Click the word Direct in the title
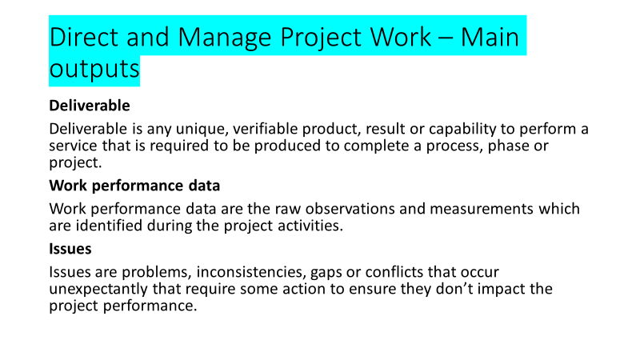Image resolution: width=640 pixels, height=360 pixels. [84, 37]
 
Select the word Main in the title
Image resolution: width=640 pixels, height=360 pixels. [490, 37]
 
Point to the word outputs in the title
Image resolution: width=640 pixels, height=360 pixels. [94, 69]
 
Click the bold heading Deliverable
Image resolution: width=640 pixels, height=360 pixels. [90, 106]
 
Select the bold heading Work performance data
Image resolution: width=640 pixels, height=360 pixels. [134, 186]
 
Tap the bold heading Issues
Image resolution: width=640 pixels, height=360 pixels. [70, 249]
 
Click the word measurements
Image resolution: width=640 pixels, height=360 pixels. [482, 209]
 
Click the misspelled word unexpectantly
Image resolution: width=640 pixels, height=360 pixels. [98, 290]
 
